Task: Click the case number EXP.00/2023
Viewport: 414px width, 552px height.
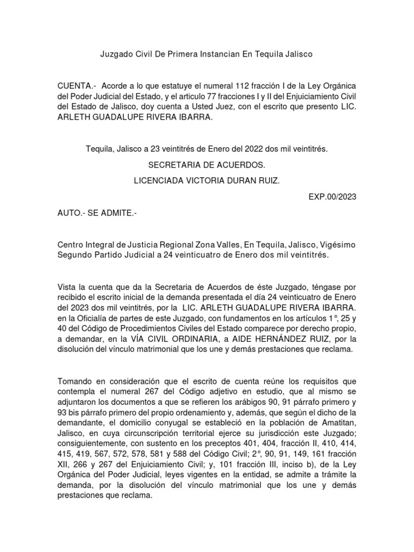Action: (x=332, y=197)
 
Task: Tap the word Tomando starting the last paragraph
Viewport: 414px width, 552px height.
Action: (x=76, y=382)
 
